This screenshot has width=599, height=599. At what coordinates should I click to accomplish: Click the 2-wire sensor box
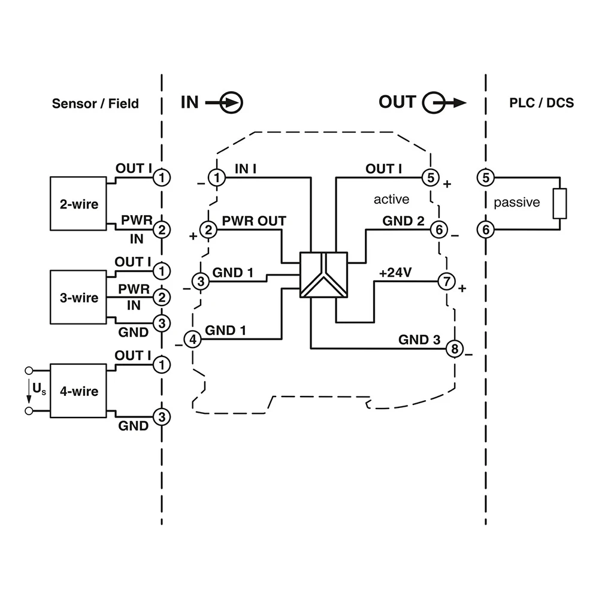[x=78, y=204]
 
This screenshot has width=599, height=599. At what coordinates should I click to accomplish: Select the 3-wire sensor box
[x=78, y=298]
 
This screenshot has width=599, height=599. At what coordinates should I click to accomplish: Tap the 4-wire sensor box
[x=78, y=391]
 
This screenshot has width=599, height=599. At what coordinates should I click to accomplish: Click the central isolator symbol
[x=323, y=275]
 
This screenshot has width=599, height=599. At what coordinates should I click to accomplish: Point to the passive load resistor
[x=559, y=203]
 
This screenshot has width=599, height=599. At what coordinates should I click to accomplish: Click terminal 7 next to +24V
[x=446, y=280]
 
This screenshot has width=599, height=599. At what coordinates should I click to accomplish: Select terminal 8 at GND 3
[x=455, y=348]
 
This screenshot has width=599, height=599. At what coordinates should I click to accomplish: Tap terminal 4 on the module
[x=192, y=340]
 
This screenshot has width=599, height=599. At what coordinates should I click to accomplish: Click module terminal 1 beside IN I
[x=217, y=178]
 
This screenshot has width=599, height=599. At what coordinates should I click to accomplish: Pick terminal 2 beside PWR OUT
[x=208, y=229]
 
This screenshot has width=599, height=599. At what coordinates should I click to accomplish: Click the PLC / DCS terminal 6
[x=485, y=229]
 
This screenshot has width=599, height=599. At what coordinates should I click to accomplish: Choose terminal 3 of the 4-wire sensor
[x=161, y=416]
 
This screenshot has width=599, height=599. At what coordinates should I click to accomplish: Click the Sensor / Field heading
[x=95, y=103]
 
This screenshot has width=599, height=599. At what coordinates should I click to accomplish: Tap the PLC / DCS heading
[x=541, y=102]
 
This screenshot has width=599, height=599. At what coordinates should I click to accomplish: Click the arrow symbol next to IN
[x=225, y=102]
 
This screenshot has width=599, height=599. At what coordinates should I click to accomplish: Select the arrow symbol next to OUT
[x=443, y=102]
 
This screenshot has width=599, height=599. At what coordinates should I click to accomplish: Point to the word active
[x=391, y=199]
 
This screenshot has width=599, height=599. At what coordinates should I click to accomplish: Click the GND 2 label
[x=403, y=221]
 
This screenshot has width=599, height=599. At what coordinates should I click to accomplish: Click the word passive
[x=516, y=202]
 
